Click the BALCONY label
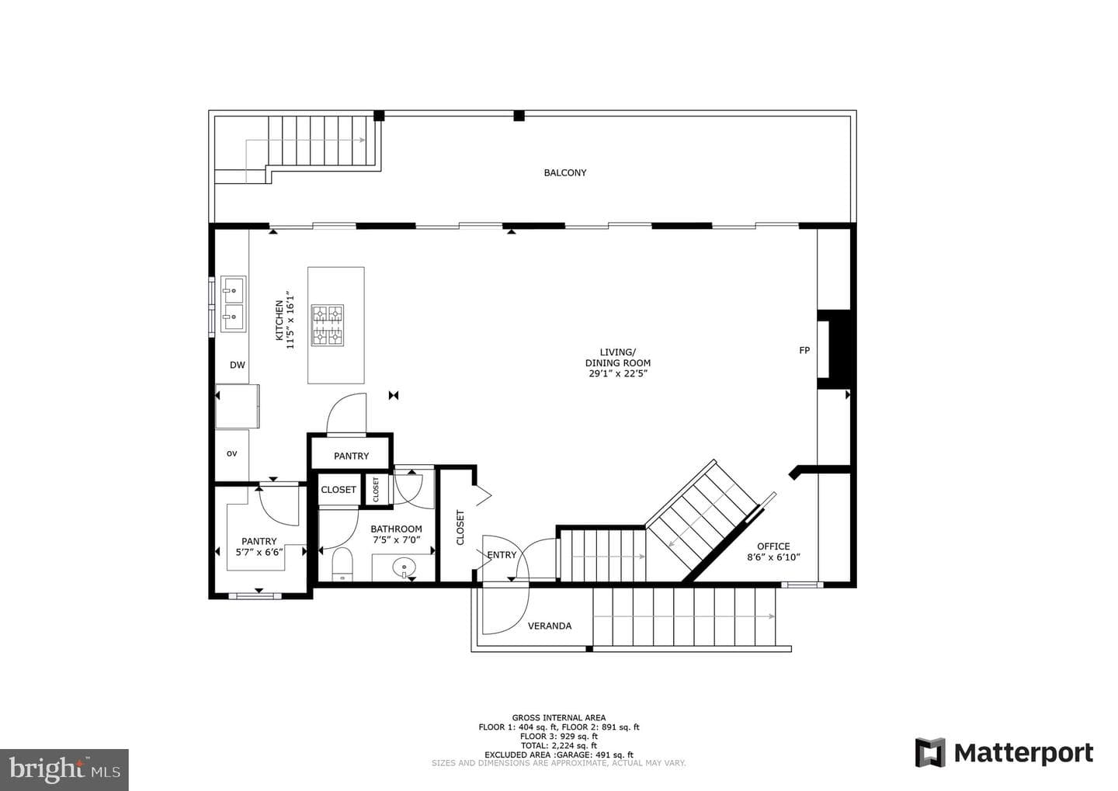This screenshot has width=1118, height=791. click(565, 172)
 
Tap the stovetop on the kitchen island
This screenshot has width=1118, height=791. click(328, 325)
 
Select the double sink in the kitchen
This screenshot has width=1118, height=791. click(233, 304)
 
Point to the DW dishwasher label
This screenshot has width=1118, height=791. click(238, 365)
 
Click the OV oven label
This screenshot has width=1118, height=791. click(231, 453)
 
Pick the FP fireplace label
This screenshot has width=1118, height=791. click(804, 350)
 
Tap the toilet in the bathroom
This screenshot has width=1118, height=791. click(342, 564)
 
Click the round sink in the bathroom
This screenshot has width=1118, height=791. click(404, 567)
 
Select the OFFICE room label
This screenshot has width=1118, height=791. click(773, 546)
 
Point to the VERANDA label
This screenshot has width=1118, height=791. click(550, 626)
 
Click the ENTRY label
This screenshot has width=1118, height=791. click(502, 554)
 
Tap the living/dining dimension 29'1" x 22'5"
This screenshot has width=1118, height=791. click(618, 374)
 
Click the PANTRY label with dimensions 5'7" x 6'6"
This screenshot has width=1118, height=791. click(259, 546)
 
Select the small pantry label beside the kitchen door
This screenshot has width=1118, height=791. click(352, 456)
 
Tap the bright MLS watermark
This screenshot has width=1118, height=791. click(64, 769)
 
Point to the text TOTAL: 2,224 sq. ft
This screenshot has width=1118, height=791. click(558, 745)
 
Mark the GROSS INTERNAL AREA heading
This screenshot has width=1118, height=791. click(558, 718)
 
